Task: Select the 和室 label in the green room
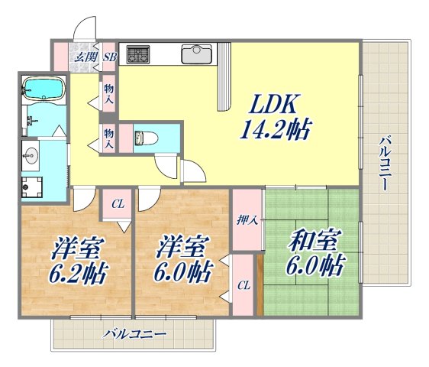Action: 313,242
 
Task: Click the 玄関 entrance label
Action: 84,56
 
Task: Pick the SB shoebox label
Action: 109,56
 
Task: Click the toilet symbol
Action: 143,138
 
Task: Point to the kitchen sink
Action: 196,54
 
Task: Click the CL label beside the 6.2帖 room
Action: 118,204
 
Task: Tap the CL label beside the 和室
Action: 243,285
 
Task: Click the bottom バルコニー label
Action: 134,334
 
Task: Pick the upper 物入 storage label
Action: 109,94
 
